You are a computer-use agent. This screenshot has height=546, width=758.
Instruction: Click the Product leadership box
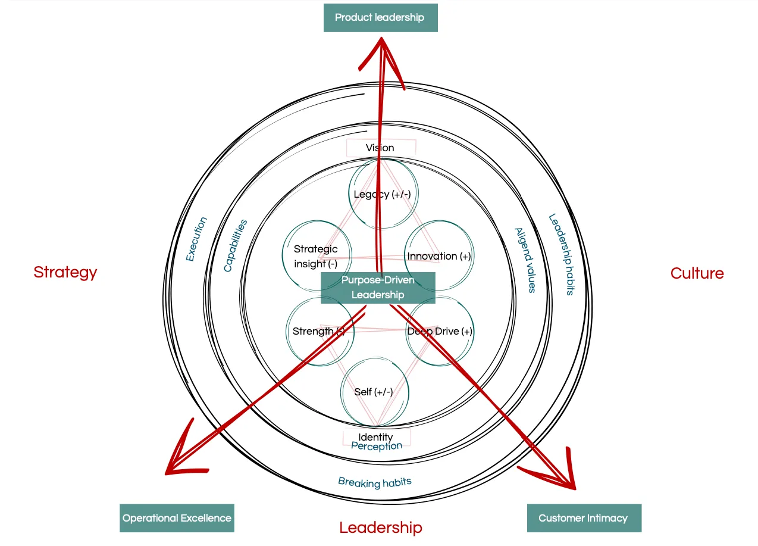pyautogui.click(x=380, y=18)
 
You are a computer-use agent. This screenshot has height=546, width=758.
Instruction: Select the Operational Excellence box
pyautogui.click(x=177, y=518)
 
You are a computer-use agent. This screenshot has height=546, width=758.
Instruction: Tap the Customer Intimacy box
pyautogui.click(x=584, y=518)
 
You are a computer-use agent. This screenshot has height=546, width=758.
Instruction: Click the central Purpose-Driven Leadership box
pyautogui.click(x=378, y=288)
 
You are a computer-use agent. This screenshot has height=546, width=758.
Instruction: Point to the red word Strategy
pyautogui.click(x=65, y=273)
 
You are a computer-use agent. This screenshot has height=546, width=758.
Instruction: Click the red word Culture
pyautogui.click(x=697, y=273)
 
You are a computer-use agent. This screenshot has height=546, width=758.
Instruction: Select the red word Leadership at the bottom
pyautogui.click(x=381, y=528)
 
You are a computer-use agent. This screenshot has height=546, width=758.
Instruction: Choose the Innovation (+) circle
pyautogui.click(x=438, y=256)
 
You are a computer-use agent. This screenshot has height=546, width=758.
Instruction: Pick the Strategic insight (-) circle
pyautogui.click(x=316, y=256)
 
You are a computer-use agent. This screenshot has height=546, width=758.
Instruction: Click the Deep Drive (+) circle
pyautogui.click(x=440, y=332)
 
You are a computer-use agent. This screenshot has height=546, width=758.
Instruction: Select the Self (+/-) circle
pyautogui.click(x=374, y=392)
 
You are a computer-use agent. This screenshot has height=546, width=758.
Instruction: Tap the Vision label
pyautogui.click(x=380, y=148)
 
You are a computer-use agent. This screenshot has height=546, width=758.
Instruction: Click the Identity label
pyautogui.click(x=375, y=438)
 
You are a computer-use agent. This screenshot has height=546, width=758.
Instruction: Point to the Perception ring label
pyautogui.click(x=377, y=446)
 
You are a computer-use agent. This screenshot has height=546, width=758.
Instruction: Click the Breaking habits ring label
pyautogui.click(x=375, y=482)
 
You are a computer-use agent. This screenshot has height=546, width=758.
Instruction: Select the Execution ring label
pyautogui.click(x=196, y=239)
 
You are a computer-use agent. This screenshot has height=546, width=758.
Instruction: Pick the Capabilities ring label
pyautogui.click(x=235, y=246)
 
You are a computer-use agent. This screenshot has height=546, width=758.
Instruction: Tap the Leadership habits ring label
pyautogui.click(x=560, y=254)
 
